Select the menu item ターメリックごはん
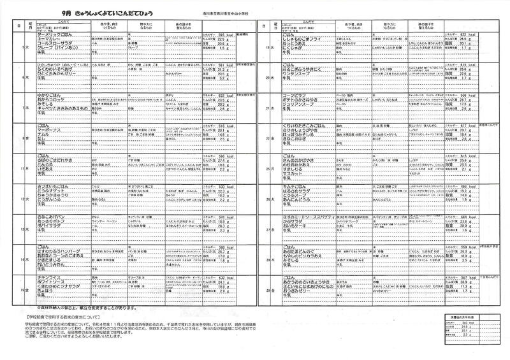click(x=54, y=34)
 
